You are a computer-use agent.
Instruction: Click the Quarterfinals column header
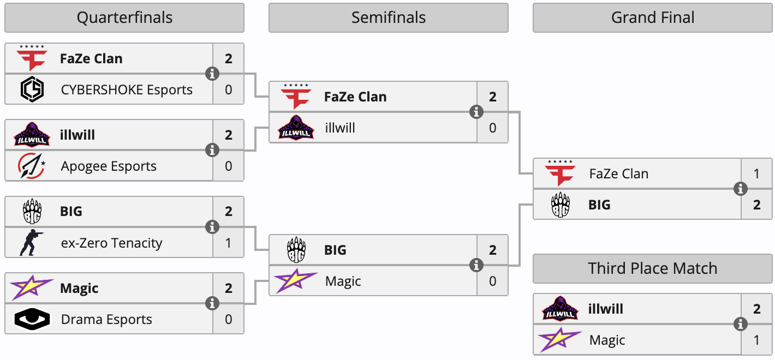click(x=124, y=18)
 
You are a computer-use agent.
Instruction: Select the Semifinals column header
click(x=388, y=18)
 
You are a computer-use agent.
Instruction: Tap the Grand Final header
click(x=652, y=18)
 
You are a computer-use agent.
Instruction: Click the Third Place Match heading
click(x=652, y=268)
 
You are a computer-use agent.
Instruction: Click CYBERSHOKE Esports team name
click(x=127, y=89)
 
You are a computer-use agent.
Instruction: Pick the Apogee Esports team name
click(x=109, y=166)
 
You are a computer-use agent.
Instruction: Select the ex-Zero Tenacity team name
click(x=111, y=243)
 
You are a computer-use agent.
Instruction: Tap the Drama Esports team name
click(x=106, y=319)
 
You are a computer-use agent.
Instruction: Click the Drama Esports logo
click(x=32, y=320)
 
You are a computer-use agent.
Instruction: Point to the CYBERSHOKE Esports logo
click(x=32, y=89)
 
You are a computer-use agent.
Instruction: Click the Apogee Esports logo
click(x=32, y=166)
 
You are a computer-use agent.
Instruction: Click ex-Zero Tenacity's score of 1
click(x=228, y=243)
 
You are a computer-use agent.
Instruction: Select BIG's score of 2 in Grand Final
click(x=756, y=205)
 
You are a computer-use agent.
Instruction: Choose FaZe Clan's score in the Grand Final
click(x=756, y=174)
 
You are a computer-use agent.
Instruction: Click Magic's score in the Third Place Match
click(x=756, y=340)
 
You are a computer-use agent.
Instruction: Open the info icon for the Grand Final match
click(x=741, y=189)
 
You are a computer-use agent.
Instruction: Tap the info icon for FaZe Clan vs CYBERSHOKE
click(x=212, y=74)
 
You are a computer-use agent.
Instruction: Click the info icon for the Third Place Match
click(x=741, y=325)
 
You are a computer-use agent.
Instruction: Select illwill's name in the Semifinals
click(x=339, y=128)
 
